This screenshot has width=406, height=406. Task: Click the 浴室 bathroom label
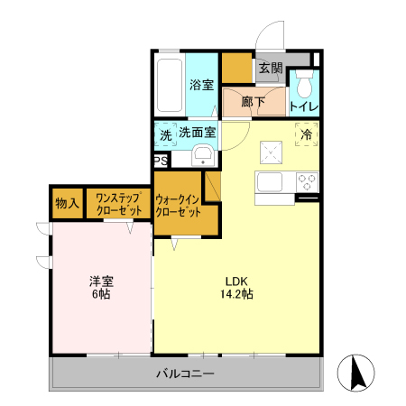click(x=201, y=85)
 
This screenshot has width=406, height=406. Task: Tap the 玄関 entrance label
click(x=270, y=68)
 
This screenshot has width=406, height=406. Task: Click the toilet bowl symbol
click(x=304, y=86)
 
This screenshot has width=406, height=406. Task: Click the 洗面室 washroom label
click(x=196, y=133)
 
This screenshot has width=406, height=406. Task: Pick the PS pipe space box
click(x=160, y=161)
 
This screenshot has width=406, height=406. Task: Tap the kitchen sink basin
click(x=271, y=181)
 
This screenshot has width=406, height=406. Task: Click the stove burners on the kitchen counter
click(x=307, y=180)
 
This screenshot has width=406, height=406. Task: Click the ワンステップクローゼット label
click(x=118, y=203)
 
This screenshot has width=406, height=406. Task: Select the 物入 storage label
click(x=67, y=203)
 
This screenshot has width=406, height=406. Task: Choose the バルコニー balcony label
click(x=185, y=373)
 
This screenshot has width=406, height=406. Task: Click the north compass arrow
click(x=355, y=374)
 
